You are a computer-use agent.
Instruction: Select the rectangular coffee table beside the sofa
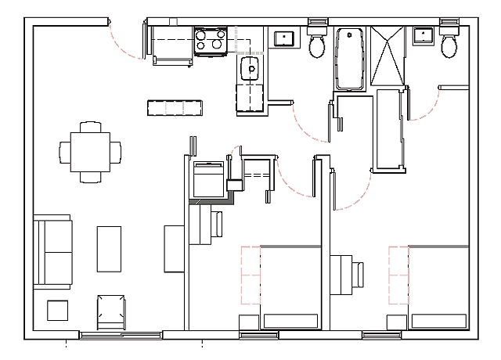109,249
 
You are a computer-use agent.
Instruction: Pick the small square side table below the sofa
58,311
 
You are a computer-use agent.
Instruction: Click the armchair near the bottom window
110,311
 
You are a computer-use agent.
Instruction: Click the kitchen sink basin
251,68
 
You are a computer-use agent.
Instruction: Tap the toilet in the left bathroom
318,45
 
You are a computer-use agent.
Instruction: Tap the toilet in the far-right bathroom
449,45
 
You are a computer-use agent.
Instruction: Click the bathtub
348,59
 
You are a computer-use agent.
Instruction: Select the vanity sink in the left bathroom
283,38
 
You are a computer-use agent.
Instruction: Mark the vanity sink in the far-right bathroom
424,34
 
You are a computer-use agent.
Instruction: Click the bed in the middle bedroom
290,286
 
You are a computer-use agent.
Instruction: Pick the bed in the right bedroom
438,286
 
